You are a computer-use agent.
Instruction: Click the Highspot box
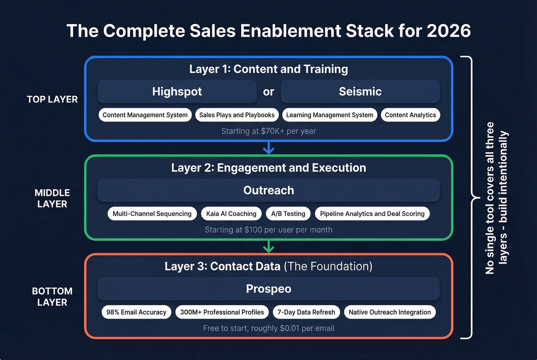177,92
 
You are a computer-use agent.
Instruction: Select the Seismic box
360,92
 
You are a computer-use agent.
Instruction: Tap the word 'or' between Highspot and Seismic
268,92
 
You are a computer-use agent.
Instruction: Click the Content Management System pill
145,115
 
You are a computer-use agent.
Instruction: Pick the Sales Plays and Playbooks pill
237,115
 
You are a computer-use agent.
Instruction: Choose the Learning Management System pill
329,115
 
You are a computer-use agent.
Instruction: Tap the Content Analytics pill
410,115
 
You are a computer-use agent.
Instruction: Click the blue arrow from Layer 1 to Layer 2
268,148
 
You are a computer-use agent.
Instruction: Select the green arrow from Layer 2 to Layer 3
268,247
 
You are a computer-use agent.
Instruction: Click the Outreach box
268,190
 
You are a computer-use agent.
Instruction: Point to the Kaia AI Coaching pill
231,214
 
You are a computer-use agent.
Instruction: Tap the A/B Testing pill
288,214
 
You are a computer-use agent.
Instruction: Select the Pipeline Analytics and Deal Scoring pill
372,214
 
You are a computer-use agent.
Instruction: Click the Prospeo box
268,289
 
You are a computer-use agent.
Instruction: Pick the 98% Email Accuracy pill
136,312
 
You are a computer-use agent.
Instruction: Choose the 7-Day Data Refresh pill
306,312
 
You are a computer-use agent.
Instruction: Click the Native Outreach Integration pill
389,312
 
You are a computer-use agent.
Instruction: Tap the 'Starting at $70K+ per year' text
268,131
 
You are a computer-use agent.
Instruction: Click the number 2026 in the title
448,31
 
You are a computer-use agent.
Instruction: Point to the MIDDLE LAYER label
52,198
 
